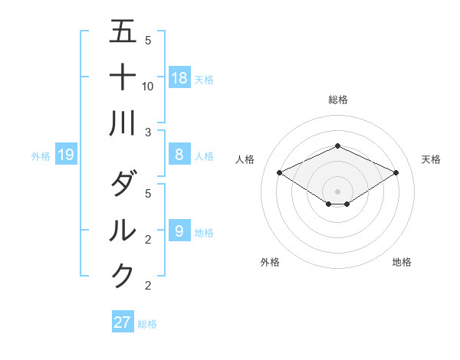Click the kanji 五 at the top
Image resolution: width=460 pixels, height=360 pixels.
tap(123, 32)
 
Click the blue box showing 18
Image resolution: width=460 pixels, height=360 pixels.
tap(179, 77)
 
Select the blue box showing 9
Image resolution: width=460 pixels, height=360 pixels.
tap(179, 231)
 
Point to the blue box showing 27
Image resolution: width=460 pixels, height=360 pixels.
tap(123, 322)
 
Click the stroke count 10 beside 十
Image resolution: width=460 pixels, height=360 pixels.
tap(149, 87)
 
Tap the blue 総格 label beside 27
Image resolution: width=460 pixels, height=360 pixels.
tap(147, 324)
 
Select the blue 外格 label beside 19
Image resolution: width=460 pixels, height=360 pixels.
tap(41, 156)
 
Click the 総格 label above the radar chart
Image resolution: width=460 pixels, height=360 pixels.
tap(337, 100)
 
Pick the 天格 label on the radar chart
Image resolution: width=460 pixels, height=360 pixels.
tap(431, 159)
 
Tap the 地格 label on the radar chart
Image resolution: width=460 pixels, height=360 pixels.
tap(402, 262)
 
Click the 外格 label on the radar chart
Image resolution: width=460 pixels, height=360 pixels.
tap(270, 262)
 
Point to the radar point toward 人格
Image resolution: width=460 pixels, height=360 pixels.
tap(280, 173)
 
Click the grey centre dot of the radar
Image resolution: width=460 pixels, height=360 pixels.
tap(337, 191)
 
